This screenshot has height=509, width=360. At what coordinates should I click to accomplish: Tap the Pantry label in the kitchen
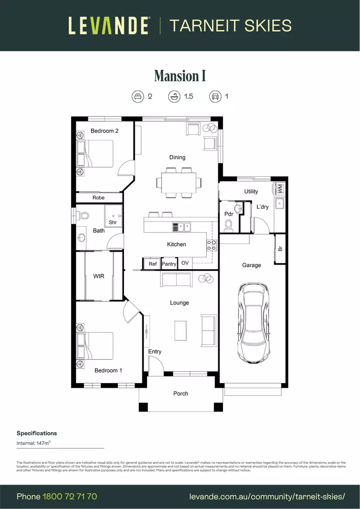click(169, 264)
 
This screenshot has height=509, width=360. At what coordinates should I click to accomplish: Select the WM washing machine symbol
click(280, 189)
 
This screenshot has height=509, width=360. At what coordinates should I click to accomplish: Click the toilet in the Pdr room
click(229, 226)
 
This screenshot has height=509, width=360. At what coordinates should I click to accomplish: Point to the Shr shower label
click(113, 222)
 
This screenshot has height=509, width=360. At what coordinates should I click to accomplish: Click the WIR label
click(98, 276)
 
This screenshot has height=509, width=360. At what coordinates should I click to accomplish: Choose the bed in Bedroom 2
click(96, 154)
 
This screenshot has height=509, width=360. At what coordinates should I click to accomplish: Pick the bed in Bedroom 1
click(96, 346)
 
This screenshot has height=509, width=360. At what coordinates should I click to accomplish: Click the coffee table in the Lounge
click(180, 330)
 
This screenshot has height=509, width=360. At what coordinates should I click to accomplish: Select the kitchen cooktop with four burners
click(212, 245)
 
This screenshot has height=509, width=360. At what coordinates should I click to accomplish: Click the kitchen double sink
click(181, 227)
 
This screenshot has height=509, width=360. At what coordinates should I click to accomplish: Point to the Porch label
click(180, 394)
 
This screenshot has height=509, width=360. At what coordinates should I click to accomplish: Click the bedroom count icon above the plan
click(137, 97)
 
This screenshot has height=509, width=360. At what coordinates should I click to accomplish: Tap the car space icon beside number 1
click(215, 97)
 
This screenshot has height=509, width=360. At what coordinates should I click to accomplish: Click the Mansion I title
click(180, 76)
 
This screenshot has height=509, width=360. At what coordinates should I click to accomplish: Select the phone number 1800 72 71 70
click(70, 496)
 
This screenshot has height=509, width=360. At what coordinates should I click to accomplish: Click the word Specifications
click(37, 433)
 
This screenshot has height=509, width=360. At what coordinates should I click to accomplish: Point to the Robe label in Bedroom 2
click(98, 197)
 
